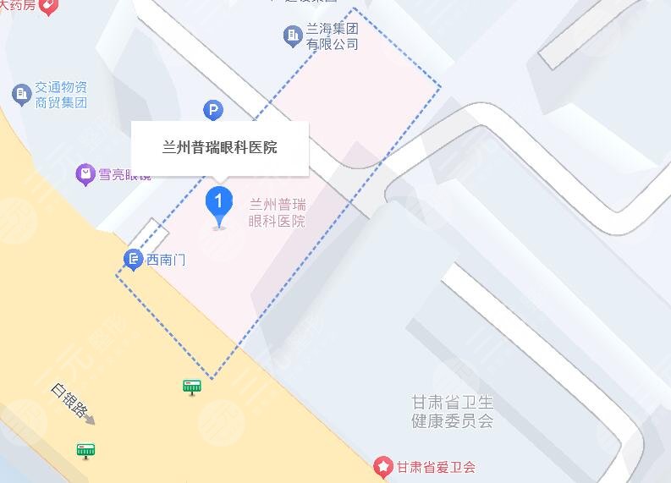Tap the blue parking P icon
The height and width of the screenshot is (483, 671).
(213, 109)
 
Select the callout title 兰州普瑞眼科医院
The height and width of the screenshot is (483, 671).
(220, 148)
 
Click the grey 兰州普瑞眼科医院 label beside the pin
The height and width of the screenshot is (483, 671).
(278, 213)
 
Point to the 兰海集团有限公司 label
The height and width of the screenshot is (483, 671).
(332, 36)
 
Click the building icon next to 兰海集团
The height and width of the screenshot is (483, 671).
(293, 36)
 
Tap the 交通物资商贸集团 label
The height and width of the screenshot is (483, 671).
(61, 95)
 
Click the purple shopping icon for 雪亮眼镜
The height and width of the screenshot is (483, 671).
(85, 175)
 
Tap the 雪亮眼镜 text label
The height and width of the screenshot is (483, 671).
(124, 175)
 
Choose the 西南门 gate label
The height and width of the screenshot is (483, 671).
(166, 260)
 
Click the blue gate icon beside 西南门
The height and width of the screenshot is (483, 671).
(133, 260)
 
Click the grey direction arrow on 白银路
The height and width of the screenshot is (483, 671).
(90, 420)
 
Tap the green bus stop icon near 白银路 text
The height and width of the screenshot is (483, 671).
(85, 450)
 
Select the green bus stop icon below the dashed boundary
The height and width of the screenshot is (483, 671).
(192, 387)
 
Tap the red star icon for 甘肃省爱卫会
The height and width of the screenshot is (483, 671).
(383, 466)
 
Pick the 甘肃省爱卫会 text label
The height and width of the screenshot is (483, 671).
(436, 466)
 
